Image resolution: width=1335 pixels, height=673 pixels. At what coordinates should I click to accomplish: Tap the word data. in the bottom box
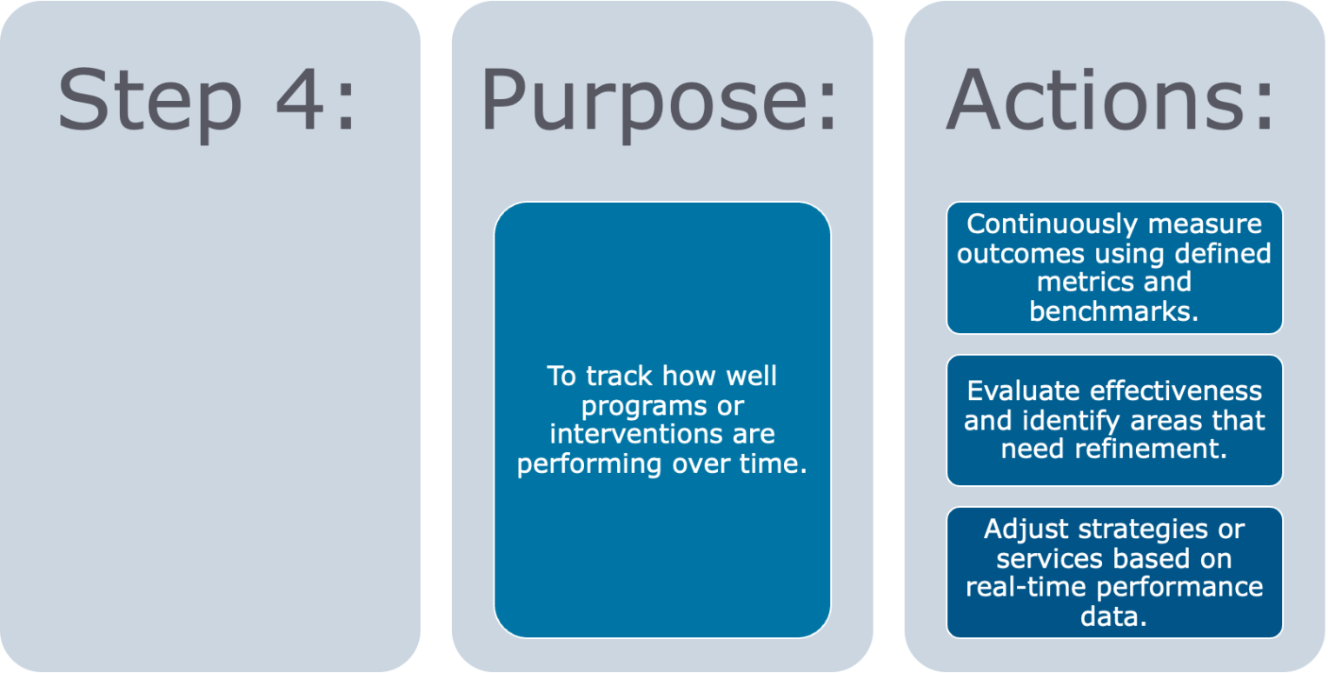click(1113, 616)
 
